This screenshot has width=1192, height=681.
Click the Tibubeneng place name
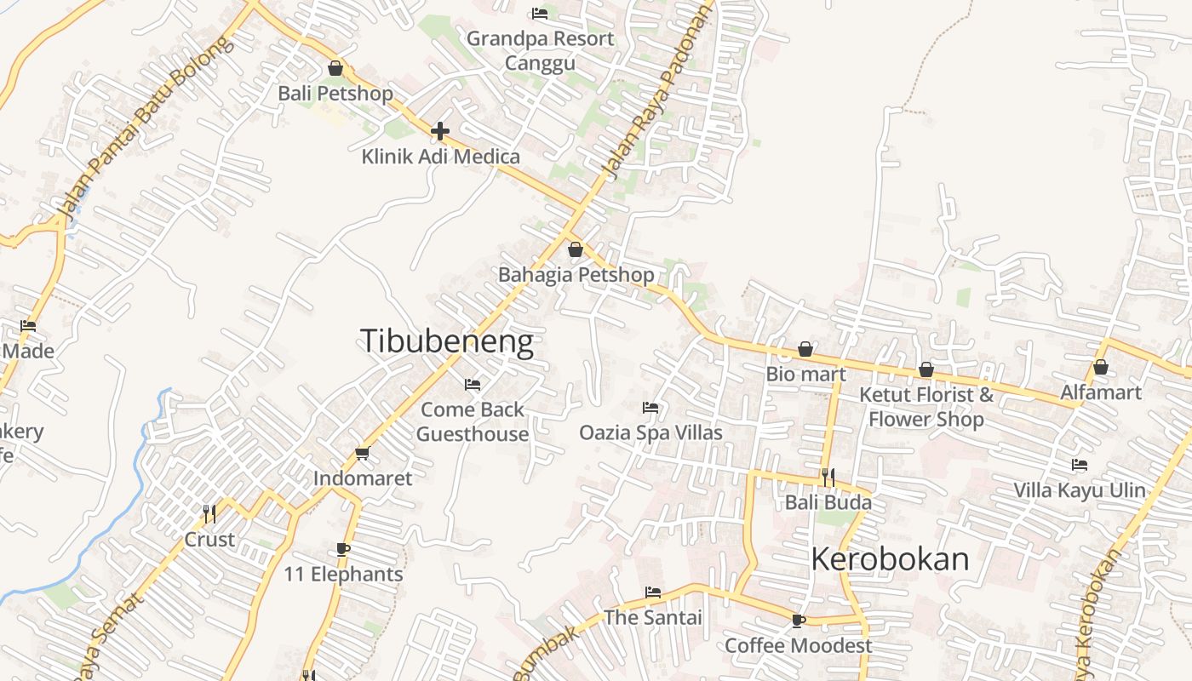pyautogui.click(x=447, y=341)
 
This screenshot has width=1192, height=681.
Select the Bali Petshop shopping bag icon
pyautogui.click(x=335, y=68)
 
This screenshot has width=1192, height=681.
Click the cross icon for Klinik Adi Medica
pyautogui.click(x=440, y=131)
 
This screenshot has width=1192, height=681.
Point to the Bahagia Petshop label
pyautogui.click(x=576, y=275)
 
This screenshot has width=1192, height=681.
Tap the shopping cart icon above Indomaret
pyautogui.click(x=363, y=453)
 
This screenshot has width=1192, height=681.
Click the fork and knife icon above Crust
pyautogui.click(x=209, y=513)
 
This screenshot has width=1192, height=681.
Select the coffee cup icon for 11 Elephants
pyautogui.click(x=343, y=549)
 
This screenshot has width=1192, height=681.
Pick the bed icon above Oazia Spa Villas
pyautogui.click(x=650, y=408)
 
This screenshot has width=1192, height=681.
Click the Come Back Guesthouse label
pyautogui.click(x=473, y=421)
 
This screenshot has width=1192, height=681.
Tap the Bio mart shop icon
pyautogui.click(x=805, y=349)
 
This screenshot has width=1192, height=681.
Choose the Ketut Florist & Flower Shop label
pyautogui.click(x=926, y=407)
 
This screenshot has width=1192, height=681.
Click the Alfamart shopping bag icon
pyautogui.click(x=1101, y=367)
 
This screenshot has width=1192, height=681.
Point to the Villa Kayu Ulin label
pyautogui.click(x=1080, y=490)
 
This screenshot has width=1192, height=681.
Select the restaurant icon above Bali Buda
pyautogui.click(x=828, y=477)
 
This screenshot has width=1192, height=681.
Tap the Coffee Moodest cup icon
pyautogui.click(x=798, y=621)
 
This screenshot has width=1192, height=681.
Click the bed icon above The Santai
pyautogui.click(x=653, y=592)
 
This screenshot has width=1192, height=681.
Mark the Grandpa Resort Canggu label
pyautogui.click(x=540, y=50)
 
